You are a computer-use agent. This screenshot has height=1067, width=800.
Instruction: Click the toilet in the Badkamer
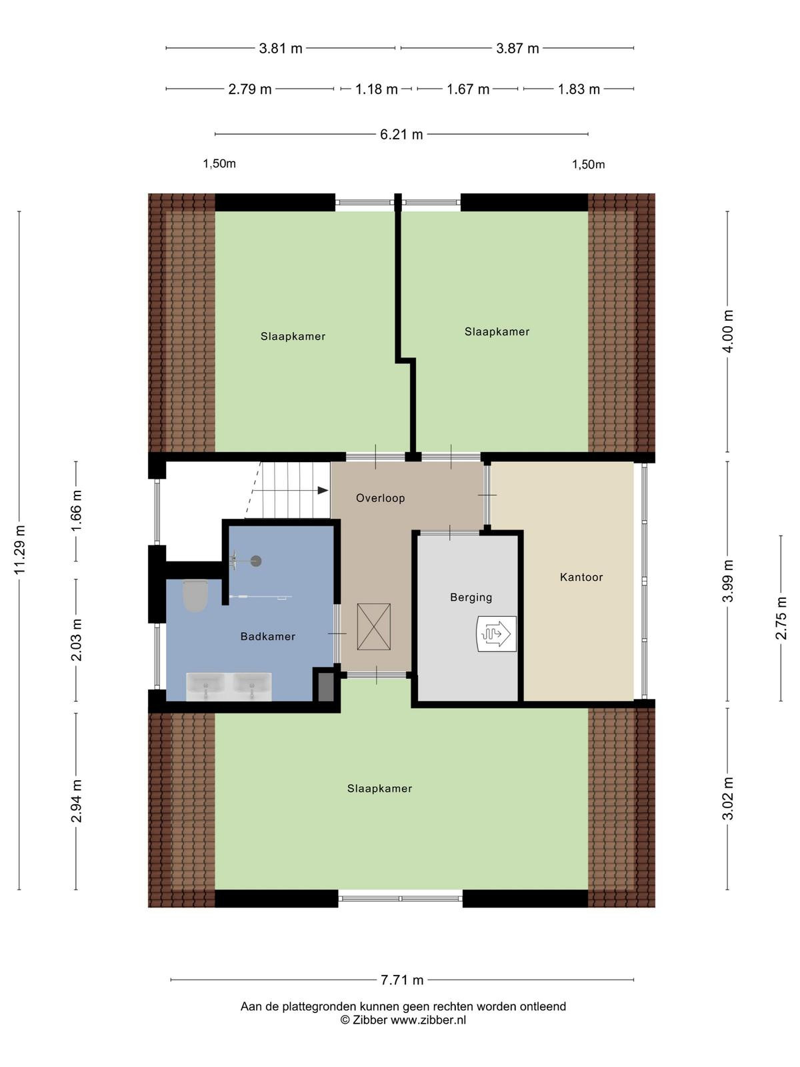coord(195,595)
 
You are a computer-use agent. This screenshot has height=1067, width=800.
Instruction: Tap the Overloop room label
coord(380,497)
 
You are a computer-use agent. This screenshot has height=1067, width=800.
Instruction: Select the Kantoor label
coord(581,577)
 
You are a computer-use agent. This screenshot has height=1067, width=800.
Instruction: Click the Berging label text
coord(471,598)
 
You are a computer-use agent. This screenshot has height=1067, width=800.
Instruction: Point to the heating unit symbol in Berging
coord(496,634)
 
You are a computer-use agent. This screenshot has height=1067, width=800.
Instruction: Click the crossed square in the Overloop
coord(373,627)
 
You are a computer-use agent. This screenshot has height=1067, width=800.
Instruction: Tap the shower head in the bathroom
coord(256,562)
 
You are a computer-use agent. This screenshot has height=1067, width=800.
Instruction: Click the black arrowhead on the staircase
coord(323,490)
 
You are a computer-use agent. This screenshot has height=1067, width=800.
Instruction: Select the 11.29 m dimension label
coord(19,550)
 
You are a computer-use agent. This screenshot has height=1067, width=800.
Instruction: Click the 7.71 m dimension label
coord(402,980)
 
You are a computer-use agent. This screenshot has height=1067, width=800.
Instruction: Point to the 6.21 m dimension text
coord(401,134)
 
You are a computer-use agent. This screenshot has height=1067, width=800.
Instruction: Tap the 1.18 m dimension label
coord(377,89)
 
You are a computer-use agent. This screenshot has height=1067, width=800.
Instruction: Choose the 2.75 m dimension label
coord(781,618)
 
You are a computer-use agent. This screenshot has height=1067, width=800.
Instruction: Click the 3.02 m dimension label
coord(727,799)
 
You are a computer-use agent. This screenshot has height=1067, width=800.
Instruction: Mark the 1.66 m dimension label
coord(76,510)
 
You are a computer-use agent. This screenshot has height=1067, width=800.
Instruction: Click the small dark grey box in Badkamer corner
coord(325,687)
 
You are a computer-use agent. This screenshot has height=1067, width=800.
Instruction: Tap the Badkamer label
coord(267,636)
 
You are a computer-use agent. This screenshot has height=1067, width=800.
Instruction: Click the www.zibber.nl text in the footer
coord(428,1020)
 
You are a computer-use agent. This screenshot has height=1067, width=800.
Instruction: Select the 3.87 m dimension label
coord(517,49)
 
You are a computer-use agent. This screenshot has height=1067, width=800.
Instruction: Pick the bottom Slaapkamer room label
coord(379,788)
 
